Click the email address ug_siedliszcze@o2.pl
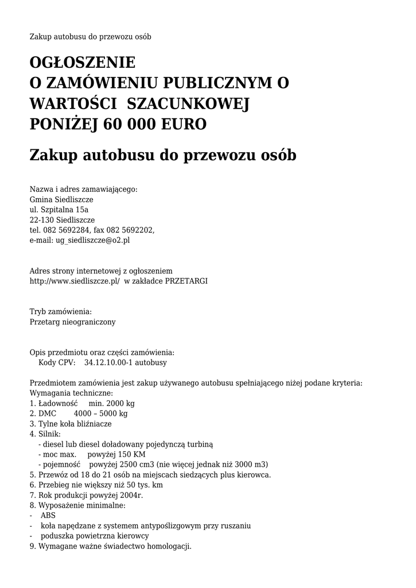pos(92,241)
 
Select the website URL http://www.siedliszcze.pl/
pos(75,281)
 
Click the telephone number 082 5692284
pos(67,230)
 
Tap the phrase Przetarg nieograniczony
pos(72,322)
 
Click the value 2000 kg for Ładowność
pos(119,404)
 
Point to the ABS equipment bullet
pos(48,516)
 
